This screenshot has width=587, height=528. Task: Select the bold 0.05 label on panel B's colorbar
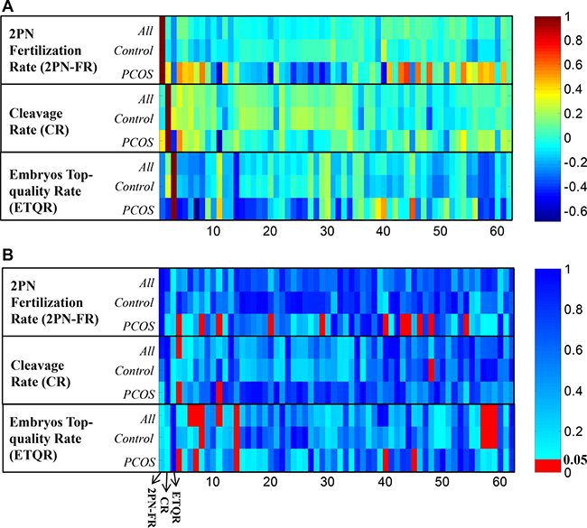pyautogui.click(x=566, y=459)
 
